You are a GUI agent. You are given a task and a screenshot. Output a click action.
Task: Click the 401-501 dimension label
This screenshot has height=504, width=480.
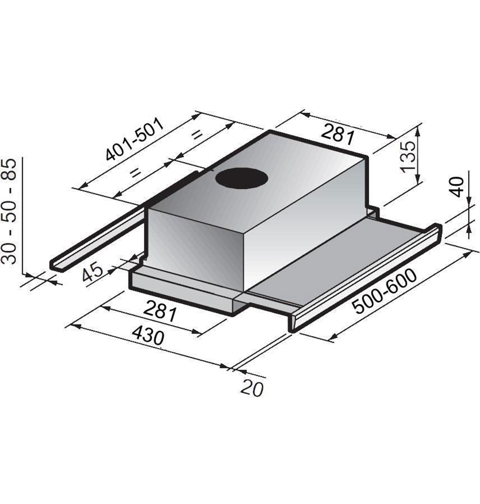(x=135, y=139)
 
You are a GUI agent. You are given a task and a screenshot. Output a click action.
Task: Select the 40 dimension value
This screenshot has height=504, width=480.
(x=458, y=187)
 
